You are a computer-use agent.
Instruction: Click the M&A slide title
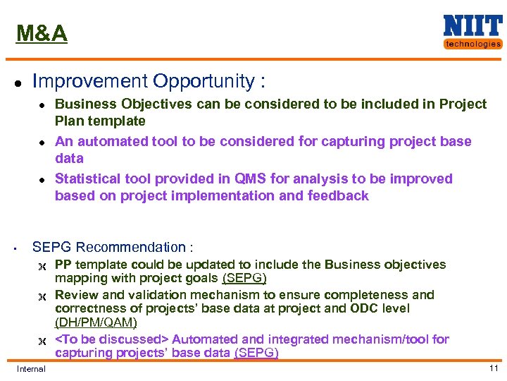(42, 33)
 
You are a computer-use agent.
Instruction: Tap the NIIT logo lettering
(472, 26)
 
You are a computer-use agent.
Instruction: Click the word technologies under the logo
(472, 44)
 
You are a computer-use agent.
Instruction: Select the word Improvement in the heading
(84, 81)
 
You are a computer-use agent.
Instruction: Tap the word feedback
(338, 195)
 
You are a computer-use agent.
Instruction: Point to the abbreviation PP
(63, 265)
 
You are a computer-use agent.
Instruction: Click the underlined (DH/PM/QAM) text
(96, 322)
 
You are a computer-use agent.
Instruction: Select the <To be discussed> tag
(112, 339)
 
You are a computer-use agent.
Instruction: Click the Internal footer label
(31, 369)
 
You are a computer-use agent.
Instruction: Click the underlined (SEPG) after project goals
(244, 278)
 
